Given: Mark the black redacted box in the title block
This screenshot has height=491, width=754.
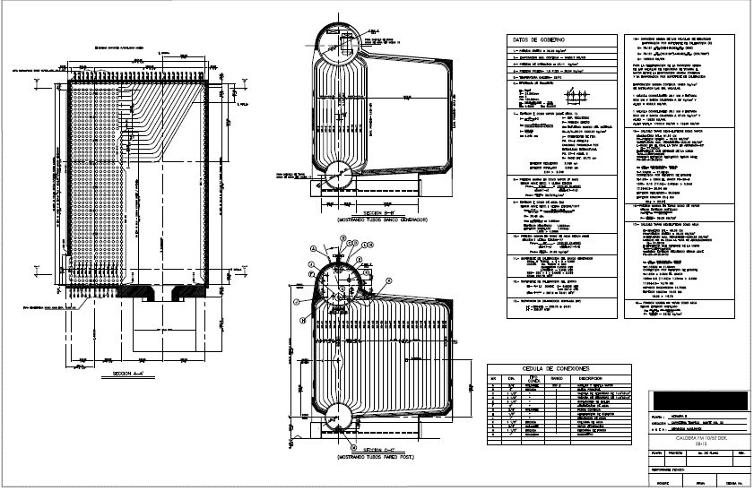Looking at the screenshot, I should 693,400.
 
